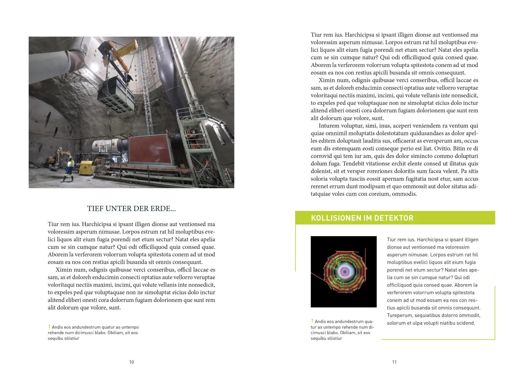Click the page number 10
(x=131, y=362)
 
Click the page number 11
(x=394, y=362)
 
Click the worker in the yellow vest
(x=70, y=168)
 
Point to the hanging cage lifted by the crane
(x=116, y=95)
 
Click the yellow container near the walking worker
(x=87, y=167)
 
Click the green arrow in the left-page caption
(x=49, y=326)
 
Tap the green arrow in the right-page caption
(x=312, y=321)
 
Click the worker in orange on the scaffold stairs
(x=193, y=139)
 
